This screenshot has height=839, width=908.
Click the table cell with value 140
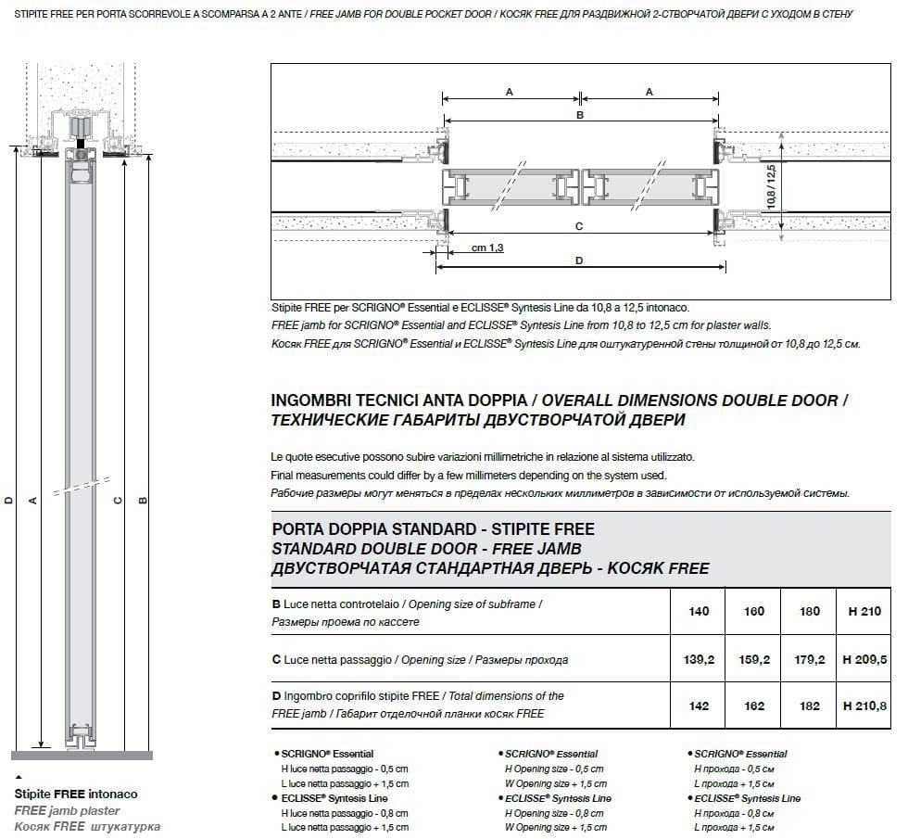(700, 611)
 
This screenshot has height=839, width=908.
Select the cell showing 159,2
(754, 660)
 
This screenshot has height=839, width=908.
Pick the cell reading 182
(809, 706)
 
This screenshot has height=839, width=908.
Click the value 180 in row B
(809, 611)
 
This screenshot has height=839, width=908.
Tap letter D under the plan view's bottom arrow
(579, 261)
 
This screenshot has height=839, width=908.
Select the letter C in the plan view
(579, 226)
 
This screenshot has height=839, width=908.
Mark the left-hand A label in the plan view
(510, 92)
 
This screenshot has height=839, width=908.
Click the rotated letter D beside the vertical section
(9, 501)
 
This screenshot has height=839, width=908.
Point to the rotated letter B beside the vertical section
(143, 501)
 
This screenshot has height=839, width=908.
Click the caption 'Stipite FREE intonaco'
(76, 795)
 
